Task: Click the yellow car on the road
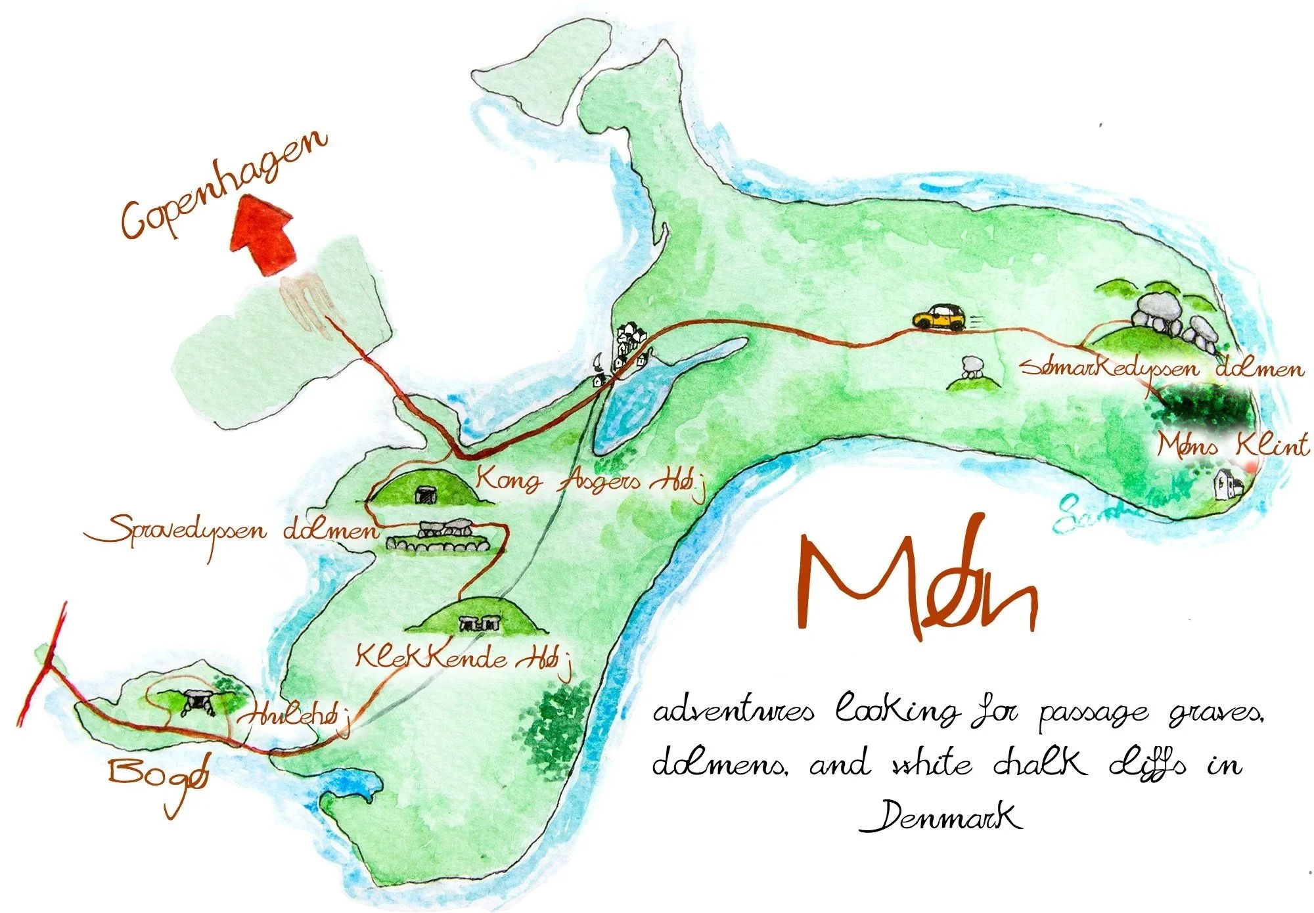click(939, 317)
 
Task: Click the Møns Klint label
click(1233, 446)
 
